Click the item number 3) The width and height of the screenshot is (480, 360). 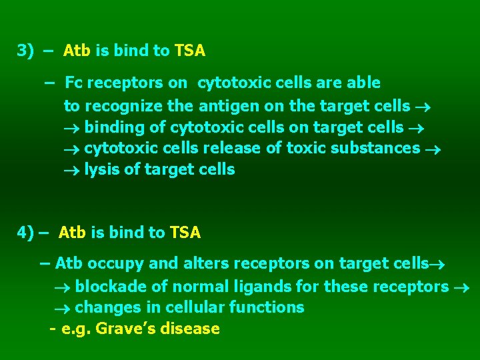coord(25,51)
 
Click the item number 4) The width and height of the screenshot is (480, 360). coord(25,233)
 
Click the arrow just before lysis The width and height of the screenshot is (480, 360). coord(71,170)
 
